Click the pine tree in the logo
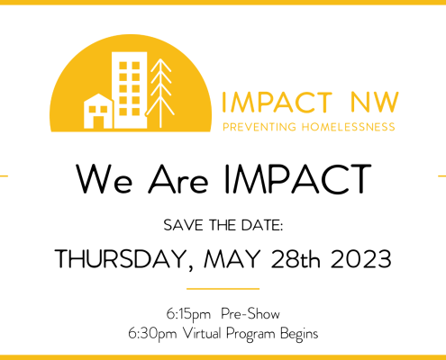tap(160, 93)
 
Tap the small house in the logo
tap(98, 112)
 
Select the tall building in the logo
tap(130, 90)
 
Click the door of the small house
tap(98, 122)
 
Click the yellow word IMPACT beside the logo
tap(277, 103)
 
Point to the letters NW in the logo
tap(374, 103)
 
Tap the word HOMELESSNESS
tap(349, 127)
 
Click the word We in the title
tap(104, 179)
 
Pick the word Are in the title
tap(177, 179)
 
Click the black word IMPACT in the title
tap(297, 179)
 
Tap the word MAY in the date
tap(232, 258)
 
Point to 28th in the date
tap(296, 258)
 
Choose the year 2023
tap(361, 259)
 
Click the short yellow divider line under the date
tap(223, 289)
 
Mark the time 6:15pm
tap(188, 315)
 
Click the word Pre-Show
tap(250, 314)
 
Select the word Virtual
tap(202, 333)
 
